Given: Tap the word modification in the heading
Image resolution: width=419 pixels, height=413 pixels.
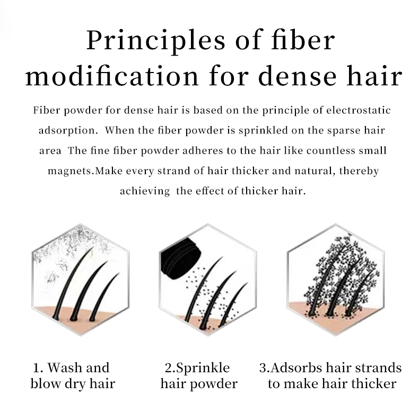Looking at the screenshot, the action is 112,76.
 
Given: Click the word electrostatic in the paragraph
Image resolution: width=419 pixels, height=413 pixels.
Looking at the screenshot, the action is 359,110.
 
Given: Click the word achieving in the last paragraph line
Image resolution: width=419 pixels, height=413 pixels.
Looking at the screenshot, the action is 145,191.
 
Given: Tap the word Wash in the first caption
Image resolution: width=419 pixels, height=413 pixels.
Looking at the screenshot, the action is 65,367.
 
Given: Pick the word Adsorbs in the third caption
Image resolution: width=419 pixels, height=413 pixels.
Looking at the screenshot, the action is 296,367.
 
